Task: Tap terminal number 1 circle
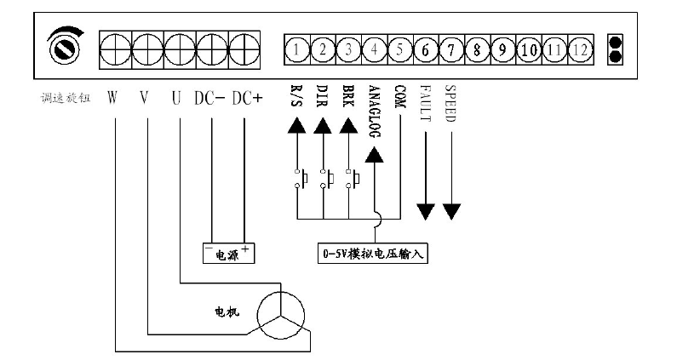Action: coord(295,49)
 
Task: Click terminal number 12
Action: coord(580,49)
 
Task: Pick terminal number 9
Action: coord(502,49)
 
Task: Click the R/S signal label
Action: coord(295,100)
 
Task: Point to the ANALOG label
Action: coord(376,111)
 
